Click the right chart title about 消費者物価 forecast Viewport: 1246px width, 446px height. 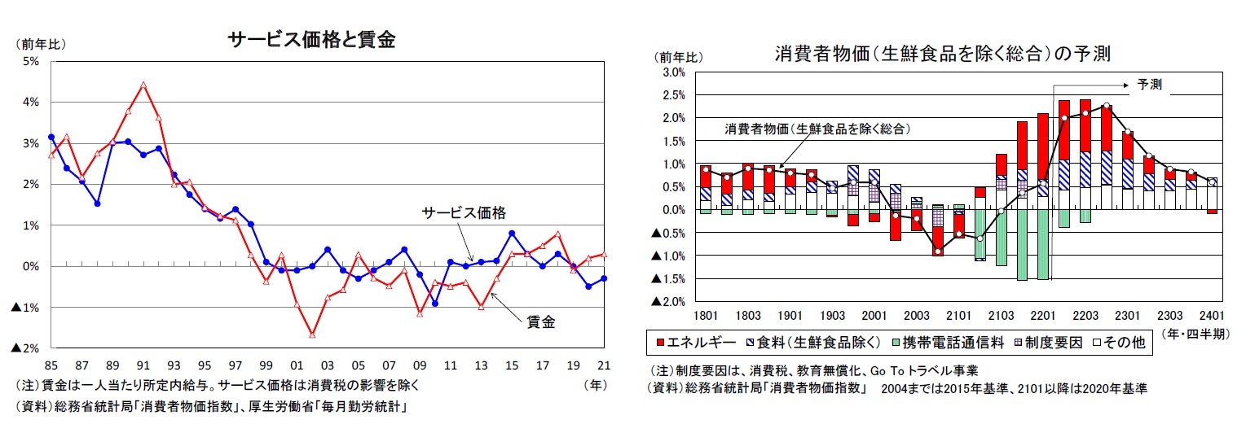(943, 54)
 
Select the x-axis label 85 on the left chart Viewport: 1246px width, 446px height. (51, 365)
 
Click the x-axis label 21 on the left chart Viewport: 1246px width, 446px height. (605, 365)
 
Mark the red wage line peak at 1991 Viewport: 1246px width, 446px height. (143, 84)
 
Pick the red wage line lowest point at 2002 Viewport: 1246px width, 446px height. (312, 334)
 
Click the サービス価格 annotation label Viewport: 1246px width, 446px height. (463, 212)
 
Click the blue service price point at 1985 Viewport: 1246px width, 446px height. (51, 137)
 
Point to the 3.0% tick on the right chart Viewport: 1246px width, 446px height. (674, 72)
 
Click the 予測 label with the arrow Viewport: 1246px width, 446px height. (1149, 85)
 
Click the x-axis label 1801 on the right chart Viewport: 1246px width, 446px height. (707, 315)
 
